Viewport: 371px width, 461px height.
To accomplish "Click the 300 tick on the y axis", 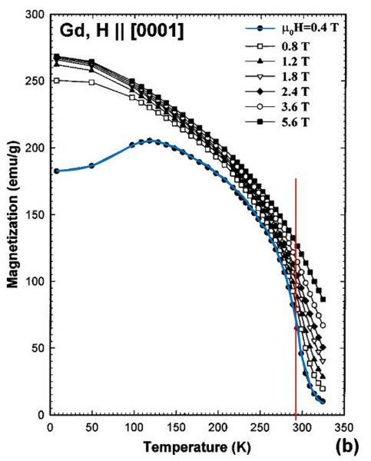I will click(33, 15).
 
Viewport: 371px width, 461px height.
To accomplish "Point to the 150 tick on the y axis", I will click(33, 214).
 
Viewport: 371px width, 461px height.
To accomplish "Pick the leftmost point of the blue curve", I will click(56, 171).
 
